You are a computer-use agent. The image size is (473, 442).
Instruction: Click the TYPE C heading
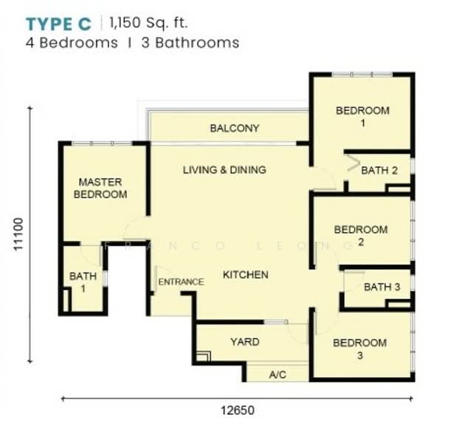pos(58,24)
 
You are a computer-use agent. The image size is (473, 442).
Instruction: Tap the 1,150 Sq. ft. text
pos(148,23)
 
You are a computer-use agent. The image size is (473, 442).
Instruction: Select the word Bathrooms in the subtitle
pos(197,43)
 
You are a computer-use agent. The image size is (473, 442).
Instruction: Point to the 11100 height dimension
pos(18,234)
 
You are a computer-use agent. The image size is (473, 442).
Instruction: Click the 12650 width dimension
pos(238,410)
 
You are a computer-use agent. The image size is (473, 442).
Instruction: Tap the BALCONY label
pos(235,128)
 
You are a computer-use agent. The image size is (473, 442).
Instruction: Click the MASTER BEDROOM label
pos(100,188)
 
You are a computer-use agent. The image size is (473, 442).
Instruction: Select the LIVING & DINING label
pos(224,170)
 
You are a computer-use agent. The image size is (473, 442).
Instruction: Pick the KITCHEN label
pos(246,275)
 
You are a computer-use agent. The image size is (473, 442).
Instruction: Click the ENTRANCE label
pos(181,282)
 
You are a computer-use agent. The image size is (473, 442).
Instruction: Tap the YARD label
pos(245,342)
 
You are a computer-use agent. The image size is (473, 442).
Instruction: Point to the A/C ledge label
pos(277,375)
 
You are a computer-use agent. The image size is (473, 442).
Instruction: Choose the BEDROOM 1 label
pos(362,116)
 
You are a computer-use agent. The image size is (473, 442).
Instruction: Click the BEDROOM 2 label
pos(361,236)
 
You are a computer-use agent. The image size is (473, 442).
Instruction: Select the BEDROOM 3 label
pos(360,349)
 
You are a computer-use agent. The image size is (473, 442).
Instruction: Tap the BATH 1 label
pos(83,282)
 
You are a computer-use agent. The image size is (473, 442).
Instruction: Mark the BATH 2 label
pos(379,170)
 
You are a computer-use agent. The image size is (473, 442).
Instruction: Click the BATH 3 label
pos(382,287)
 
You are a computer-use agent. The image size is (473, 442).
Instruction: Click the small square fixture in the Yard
pos(204,357)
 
